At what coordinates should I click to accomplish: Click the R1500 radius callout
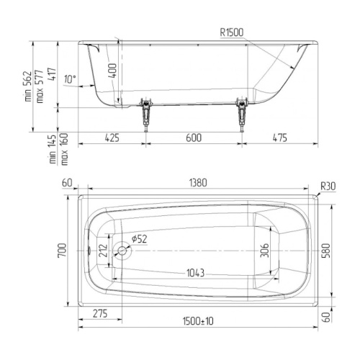click(232, 32)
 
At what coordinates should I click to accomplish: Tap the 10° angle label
click(70, 79)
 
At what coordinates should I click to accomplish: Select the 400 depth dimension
click(112, 71)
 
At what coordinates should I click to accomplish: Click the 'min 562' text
click(28, 86)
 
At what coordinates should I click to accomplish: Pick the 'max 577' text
click(40, 86)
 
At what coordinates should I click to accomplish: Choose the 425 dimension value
click(112, 138)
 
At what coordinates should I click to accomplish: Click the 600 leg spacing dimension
click(194, 138)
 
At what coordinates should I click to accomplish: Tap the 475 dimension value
click(280, 138)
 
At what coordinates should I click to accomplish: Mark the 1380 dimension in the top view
click(198, 183)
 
